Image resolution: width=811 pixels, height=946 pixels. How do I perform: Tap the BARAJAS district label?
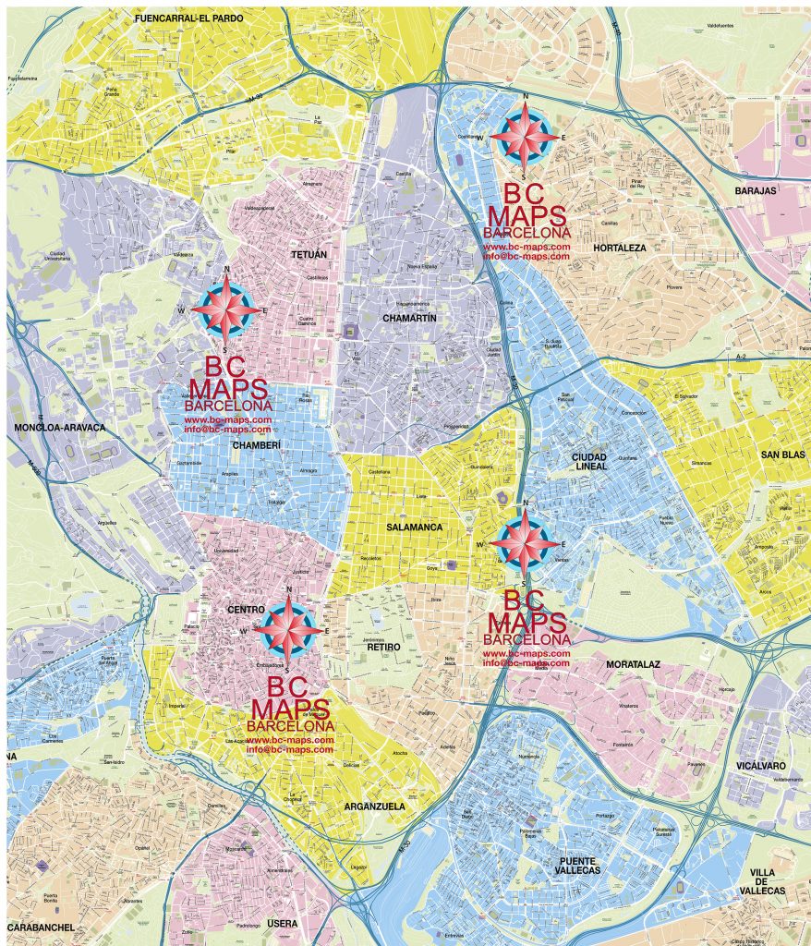(756, 190)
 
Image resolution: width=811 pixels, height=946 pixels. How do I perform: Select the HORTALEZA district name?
(620, 248)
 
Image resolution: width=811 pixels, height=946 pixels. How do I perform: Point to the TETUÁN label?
(309, 254)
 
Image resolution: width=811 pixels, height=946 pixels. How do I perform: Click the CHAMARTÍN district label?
(408, 318)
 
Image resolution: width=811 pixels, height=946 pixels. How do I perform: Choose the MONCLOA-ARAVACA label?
(60, 428)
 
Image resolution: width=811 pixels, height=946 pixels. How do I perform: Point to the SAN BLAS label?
(782, 455)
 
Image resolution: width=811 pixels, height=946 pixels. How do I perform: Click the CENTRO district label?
(246, 610)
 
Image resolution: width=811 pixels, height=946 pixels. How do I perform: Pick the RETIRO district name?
(383, 647)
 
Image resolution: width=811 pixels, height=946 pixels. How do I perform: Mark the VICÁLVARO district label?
(761, 766)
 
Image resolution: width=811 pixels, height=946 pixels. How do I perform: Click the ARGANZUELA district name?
(375, 806)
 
